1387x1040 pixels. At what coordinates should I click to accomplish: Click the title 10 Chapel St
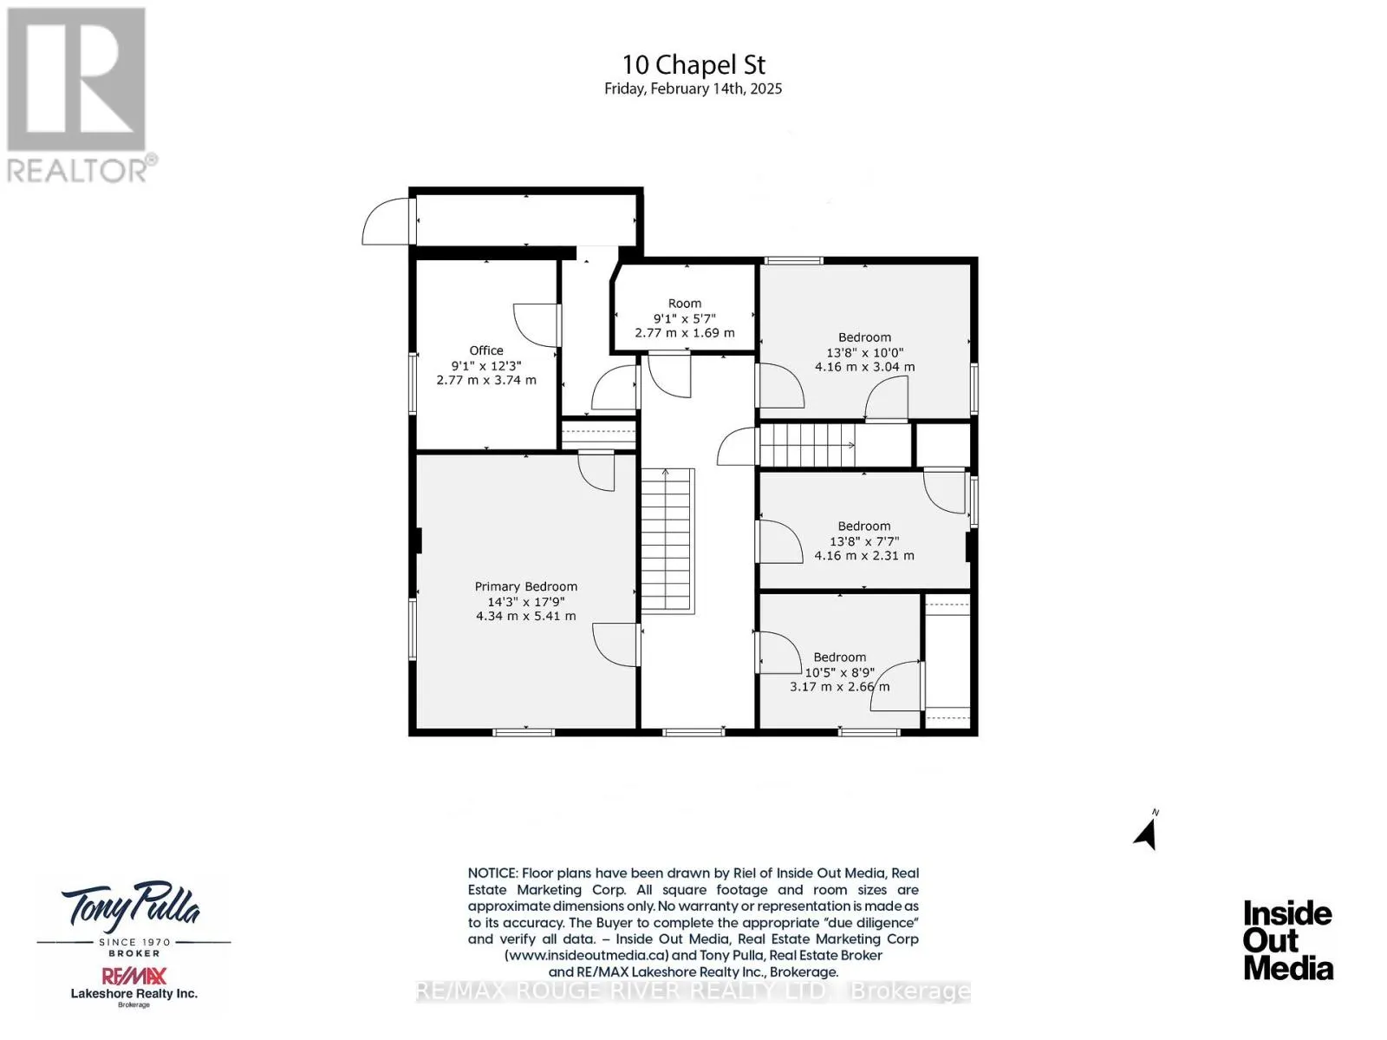click(693, 64)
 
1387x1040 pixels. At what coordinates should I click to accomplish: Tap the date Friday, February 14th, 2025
click(693, 88)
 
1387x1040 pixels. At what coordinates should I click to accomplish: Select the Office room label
click(486, 350)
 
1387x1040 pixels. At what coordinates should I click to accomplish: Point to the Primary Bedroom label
click(525, 586)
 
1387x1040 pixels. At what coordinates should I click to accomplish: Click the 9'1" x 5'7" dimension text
click(684, 318)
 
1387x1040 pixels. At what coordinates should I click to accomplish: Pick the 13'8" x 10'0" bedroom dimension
click(864, 352)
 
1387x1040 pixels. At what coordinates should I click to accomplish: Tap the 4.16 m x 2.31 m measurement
click(863, 556)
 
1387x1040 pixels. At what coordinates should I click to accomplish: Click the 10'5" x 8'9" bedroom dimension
click(839, 672)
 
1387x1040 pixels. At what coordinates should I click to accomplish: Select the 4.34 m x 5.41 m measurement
click(525, 616)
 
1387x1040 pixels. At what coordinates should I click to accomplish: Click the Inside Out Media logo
click(1288, 940)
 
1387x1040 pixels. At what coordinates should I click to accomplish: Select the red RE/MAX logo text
click(134, 976)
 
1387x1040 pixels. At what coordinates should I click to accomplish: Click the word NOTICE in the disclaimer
click(492, 873)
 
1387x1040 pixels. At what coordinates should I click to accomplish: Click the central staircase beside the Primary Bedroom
click(667, 541)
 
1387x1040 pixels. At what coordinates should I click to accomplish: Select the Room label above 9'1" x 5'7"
click(684, 304)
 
